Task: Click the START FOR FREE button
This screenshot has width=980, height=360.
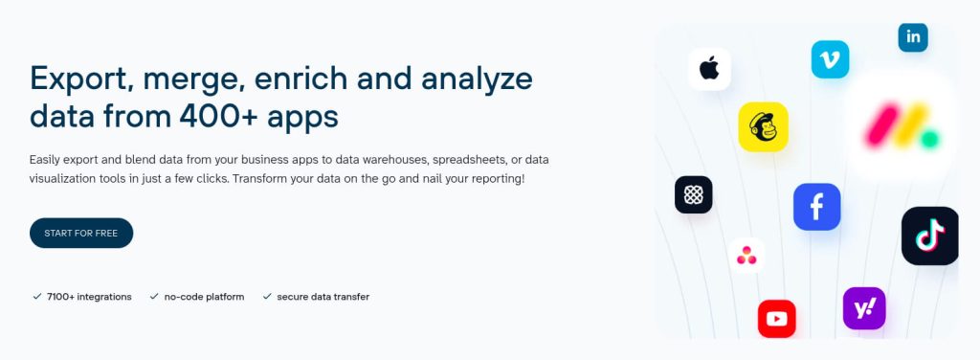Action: pyautogui.click(x=81, y=233)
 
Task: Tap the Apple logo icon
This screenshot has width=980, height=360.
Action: pyautogui.click(x=709, y=69)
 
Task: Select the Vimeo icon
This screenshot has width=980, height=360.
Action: pyautogui.click(x=830, y=59)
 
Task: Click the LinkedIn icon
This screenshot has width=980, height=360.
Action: pyautogui.click(x=913, y=37)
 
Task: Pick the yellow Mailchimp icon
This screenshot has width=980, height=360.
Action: pyautogui.click(x=763, y=126)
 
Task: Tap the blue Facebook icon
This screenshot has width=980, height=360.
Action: pyautogui.click(x=816, y=207)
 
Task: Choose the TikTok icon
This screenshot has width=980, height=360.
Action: pyautogui.click(x=929, y=236)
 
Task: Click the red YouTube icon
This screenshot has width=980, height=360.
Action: pyautogui.click(x=776, y=319)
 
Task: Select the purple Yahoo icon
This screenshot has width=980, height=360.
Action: pyautogui.click(x=863, y=308)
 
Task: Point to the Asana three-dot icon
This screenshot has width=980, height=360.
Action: pyautogui.click(x=746, y=255)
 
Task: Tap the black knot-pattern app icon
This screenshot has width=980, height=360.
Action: pyautogui.click(x=693, y=194)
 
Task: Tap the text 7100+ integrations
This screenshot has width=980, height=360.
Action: pyautogui.click(x=89, y=297)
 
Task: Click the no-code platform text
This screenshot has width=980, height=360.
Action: pyautogui.click(x=204, y=297)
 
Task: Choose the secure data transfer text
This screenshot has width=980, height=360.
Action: pyautogui.click(x=323, y=297)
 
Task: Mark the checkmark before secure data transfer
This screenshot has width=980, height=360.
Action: pyautogui.click(x=267, y=297)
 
